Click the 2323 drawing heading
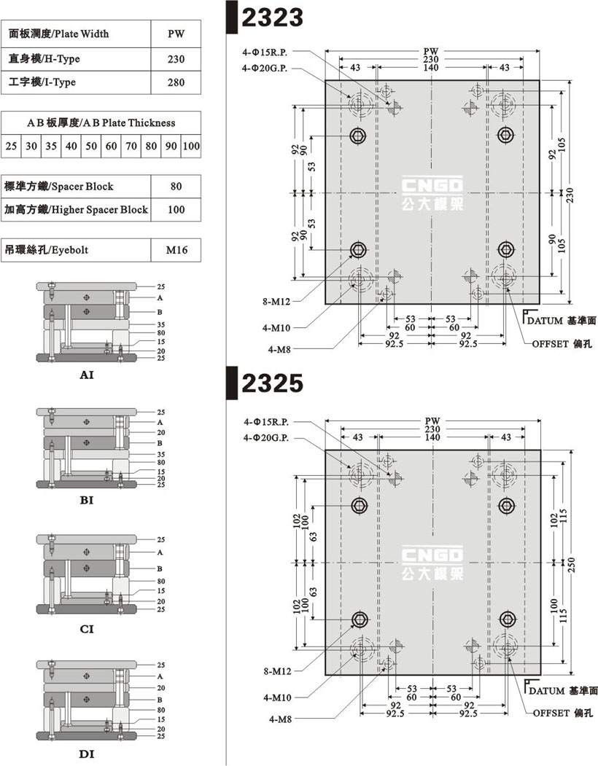coord(272,17)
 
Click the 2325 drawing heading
coord(272,383)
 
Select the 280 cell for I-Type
coord(176,82)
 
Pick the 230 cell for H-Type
coord(176,59)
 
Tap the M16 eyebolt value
coord(176,250)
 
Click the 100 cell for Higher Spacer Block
coord(176,210)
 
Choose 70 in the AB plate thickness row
coord(131,146)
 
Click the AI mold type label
coord(87,375)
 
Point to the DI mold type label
coord(87,754)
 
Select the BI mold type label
coord(87,500)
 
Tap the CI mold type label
coord(87,629)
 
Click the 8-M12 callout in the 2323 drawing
coord(276,302)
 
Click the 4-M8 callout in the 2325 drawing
coord(280,719)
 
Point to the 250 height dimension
coord(572,565)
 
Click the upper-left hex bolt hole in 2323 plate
coord(358,136)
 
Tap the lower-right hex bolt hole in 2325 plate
coord(507,620)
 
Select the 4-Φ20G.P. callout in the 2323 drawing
coord(265,69)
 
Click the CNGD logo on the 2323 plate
coord(432,194)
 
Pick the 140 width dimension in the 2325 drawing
coord(432,437)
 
